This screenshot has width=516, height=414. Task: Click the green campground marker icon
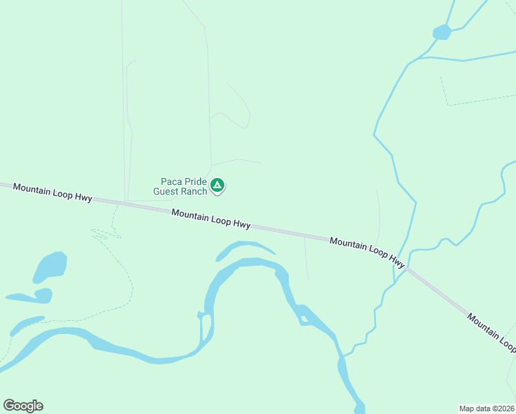coord(217,185)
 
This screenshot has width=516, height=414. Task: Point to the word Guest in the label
coord(166,191)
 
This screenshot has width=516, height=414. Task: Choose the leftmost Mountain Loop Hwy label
coord(52,193)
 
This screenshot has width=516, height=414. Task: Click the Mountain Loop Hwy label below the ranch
coord(211,219)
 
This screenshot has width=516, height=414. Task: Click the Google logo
coord(23,406)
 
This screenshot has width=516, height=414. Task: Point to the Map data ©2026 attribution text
coord(486,408)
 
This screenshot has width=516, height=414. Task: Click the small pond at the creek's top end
coord(441,32)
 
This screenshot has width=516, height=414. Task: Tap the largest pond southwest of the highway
coord(50,267)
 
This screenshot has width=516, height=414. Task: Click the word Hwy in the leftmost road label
coord(83,197)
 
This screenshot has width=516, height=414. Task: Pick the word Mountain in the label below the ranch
coord(190,216)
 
